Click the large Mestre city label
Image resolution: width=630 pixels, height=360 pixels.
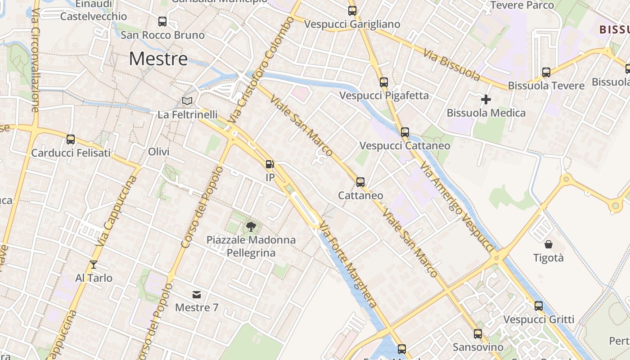158,59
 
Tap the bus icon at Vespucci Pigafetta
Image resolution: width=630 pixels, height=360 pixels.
383,82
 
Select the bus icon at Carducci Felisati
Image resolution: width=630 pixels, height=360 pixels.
71,139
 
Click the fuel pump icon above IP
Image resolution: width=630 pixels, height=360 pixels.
270,165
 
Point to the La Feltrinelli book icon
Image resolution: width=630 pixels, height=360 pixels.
187,101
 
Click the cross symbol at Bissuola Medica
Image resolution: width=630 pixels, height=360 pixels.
486,99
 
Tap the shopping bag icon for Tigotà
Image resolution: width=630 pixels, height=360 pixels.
548,244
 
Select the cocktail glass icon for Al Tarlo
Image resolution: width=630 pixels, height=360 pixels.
94,265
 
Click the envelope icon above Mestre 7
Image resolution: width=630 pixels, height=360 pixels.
197,295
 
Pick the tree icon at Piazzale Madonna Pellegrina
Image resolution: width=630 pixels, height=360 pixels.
251,226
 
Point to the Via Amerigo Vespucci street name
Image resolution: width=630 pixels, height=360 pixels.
457,207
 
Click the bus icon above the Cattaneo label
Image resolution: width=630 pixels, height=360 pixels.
360,182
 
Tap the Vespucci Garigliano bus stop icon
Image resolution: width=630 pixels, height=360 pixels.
352,11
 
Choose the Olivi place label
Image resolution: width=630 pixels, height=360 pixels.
159,152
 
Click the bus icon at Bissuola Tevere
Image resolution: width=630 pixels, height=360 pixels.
546,72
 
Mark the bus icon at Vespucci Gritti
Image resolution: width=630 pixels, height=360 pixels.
538,306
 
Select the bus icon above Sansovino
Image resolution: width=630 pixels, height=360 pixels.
478,334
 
